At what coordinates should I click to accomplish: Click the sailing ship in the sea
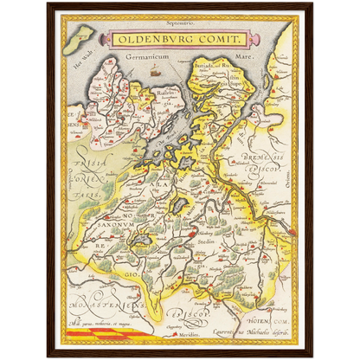(155, 72)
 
